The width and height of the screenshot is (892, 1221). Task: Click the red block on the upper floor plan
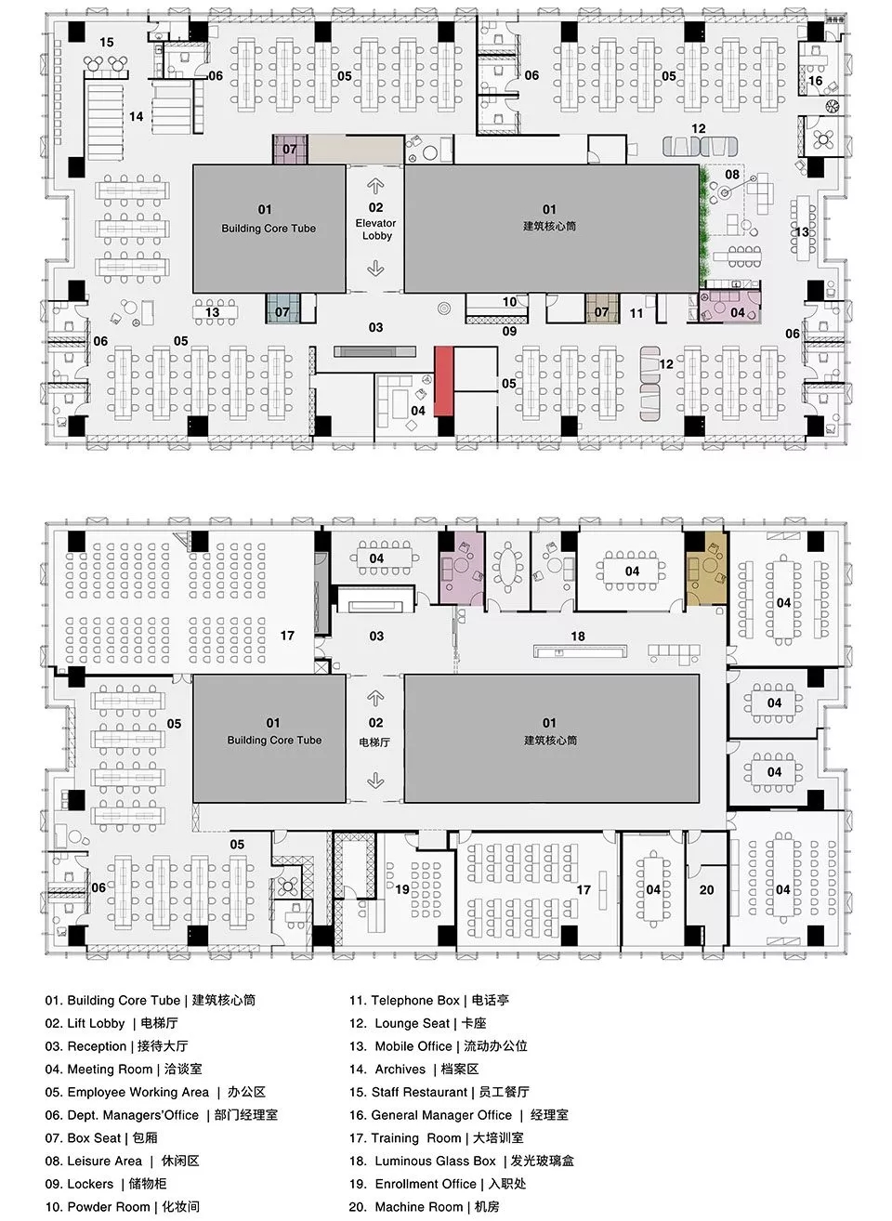(x=443, y=382)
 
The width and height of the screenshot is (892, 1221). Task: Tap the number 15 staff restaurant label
(x=107, y=42)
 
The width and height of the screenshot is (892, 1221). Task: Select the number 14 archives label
(x=137, y=117)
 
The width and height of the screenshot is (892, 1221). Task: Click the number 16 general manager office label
(x=815, y=81)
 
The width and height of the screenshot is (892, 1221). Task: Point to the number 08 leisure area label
(x=732, y=175)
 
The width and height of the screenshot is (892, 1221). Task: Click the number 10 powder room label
(x=509, y=301)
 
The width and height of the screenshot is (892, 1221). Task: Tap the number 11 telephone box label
(x=636, y=313)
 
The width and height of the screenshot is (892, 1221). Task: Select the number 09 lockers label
(x=509, y=331)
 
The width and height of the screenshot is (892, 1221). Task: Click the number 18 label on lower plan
(x=578, y=637)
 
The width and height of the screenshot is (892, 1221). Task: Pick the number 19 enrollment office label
(x=402, y=889)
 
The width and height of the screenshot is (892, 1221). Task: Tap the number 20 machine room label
(x=707, y=889)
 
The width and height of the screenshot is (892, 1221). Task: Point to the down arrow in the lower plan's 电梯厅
(x=375, y=781)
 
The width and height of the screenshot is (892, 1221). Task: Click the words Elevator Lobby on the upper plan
(x=376, y=230)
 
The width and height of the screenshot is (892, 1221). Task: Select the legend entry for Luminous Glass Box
(x=462, y=1161)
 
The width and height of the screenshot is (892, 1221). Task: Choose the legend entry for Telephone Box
(x=429, y=1000)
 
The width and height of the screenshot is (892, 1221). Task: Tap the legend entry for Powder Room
(x=122, y=1207)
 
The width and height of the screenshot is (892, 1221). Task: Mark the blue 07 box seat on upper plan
(x=282, y=309)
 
